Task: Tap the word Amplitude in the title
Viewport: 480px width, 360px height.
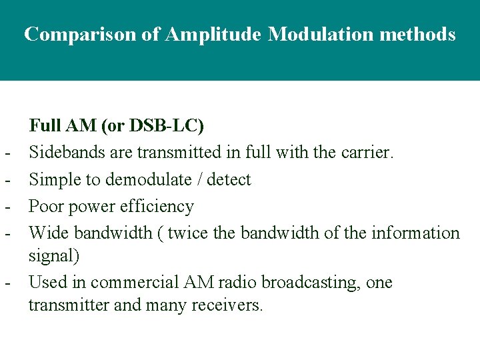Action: pyautogui.click(x=212, y=34)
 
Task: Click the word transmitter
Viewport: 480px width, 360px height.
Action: pyautogui.click(x=63, y=305)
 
